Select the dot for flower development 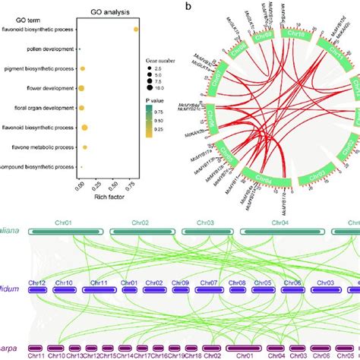coord(80,88)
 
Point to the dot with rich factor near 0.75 coord(136,30)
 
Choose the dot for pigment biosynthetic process coord(82,69)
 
